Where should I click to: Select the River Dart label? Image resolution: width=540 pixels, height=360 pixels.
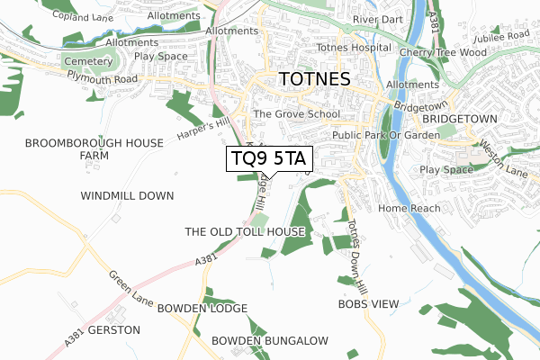click(x=376, y=19)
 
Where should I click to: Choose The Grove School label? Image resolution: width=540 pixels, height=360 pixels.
click(x=296, y=114)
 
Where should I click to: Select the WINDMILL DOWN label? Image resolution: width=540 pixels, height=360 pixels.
click(x=127, y=195)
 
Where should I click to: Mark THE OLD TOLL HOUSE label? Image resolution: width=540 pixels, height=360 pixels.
click(x=245, y=232)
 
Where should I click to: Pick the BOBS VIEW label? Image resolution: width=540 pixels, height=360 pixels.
click(x=367, y=304)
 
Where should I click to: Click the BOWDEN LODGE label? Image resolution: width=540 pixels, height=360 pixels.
click(x=202, y=309)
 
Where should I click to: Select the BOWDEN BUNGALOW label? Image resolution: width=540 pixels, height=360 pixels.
click(x=270, y=340)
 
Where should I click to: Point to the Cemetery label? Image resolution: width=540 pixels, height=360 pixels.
click(x=86, y=61)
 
